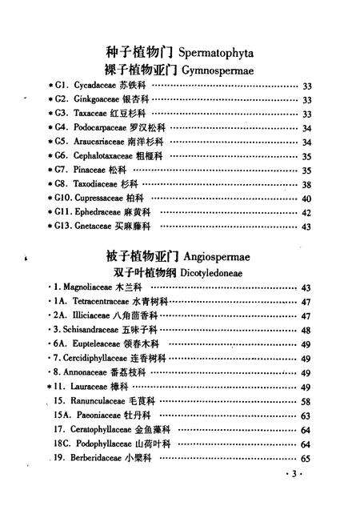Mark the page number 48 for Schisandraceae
[306, 330]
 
